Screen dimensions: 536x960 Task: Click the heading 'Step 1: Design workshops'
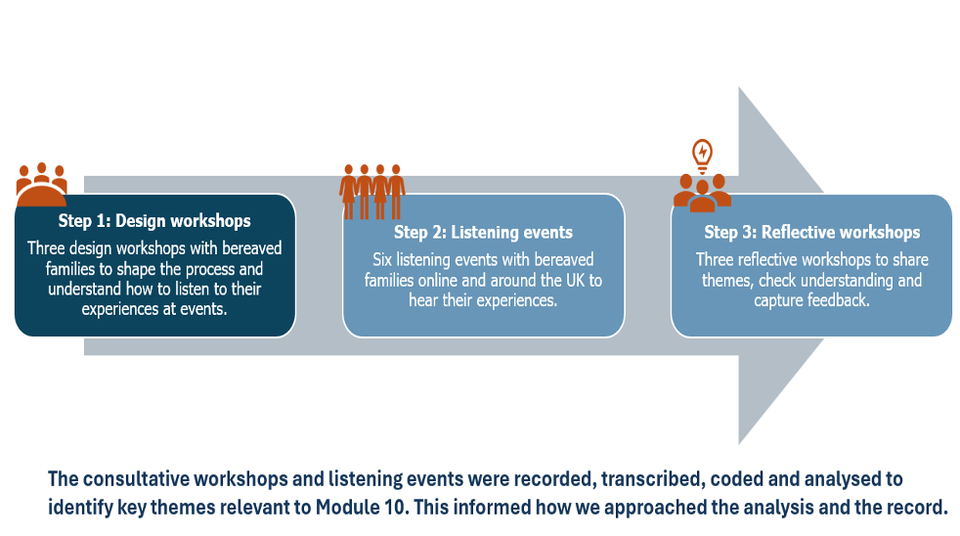154,221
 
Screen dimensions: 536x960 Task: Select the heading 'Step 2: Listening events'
483,233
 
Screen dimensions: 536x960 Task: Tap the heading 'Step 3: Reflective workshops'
811,233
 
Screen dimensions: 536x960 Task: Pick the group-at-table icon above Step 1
42,184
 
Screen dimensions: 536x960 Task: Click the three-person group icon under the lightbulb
702,191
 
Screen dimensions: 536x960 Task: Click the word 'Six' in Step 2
384,260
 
